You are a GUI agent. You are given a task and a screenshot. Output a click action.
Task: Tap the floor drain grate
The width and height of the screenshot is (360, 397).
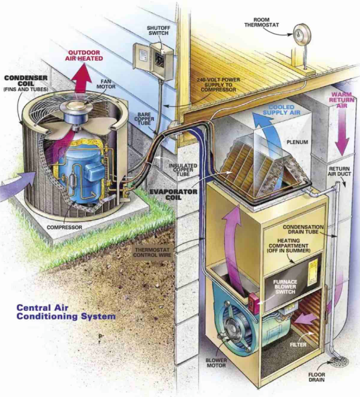[x=339, y=361]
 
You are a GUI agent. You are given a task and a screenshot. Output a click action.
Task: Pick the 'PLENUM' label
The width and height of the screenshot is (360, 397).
[x=297, y=142]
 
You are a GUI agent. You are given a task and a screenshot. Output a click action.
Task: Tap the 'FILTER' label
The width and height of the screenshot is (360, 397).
[x=298, y=344]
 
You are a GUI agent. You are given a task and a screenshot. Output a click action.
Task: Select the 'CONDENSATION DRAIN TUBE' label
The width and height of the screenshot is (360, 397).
[x=308, y=229]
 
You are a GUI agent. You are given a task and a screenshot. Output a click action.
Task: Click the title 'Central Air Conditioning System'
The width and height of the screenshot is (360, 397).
[x=66, y=312]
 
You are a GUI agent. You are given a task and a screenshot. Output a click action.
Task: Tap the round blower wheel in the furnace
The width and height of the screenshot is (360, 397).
[x=232, y=328]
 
